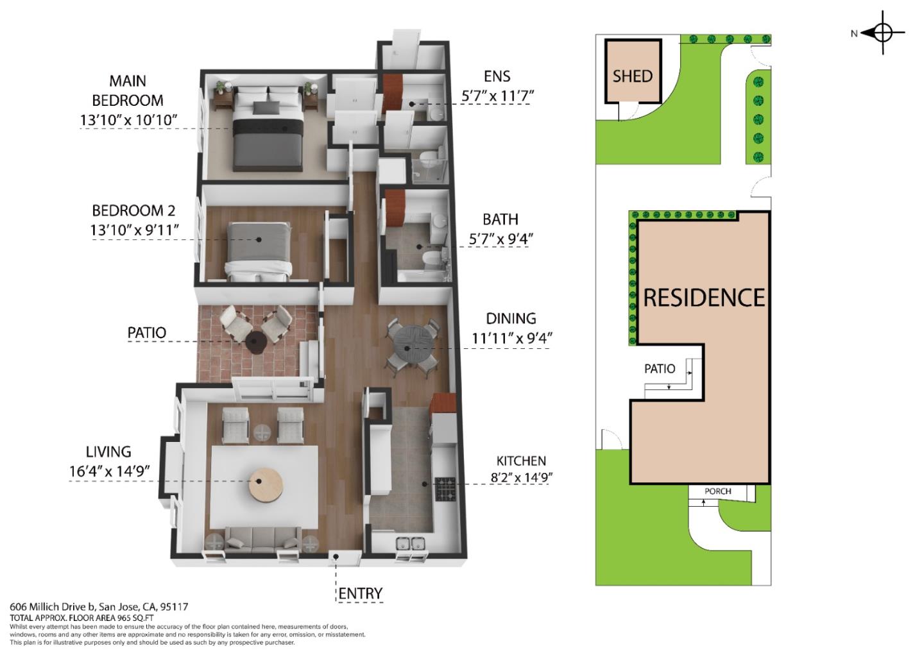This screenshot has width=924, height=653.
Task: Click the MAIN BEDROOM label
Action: tap(128, 90)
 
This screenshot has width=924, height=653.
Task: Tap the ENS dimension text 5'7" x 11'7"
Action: tap(497, 96)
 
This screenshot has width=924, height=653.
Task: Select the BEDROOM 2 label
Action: tap(133, 210)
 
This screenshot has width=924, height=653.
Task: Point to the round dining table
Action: tap(407, 345)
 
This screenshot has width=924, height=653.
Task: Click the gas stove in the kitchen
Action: tap(446, 489)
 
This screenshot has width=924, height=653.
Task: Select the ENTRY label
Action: tap(361, 593)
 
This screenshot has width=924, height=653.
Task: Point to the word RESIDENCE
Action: tap(704, 298)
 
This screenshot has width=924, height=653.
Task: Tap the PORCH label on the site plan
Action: tap(718, 491)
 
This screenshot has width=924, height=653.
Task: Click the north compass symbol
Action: tap(882, 33)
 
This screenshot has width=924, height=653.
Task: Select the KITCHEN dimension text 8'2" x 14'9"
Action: tap(522, 478)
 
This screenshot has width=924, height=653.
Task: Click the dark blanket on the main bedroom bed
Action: tap(268, 128)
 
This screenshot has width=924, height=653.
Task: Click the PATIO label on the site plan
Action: tap(660, 369)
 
